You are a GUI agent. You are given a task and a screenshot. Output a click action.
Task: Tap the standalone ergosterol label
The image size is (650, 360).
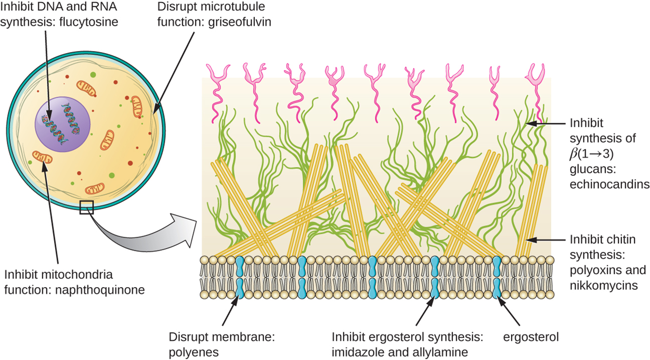pyautogui.click(x=530, y=337)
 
